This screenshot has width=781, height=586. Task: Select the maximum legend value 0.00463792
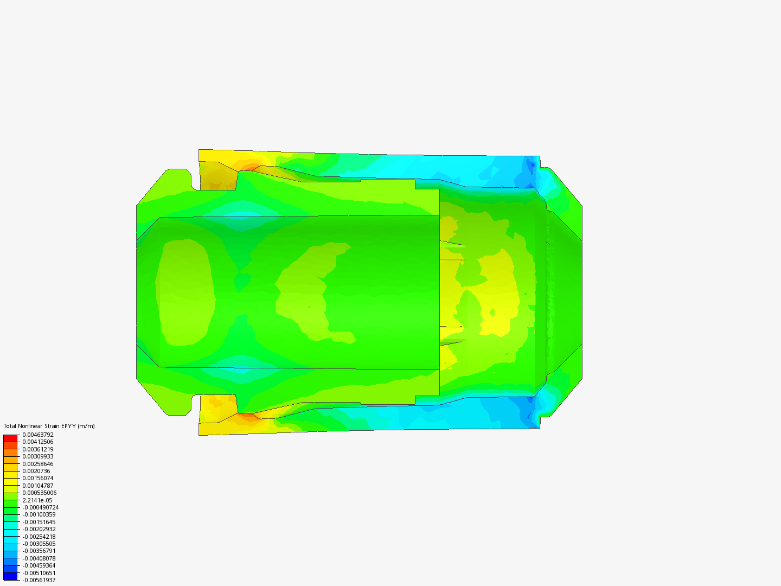[38, 435]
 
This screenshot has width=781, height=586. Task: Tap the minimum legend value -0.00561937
[39, 580]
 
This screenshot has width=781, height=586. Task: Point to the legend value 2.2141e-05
[37, 500]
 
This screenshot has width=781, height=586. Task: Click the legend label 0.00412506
[38, 442]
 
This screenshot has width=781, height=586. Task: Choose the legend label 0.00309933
[38, 456]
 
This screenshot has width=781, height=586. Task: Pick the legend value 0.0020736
[36, 471]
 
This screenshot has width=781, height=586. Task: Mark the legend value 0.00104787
[38, 485]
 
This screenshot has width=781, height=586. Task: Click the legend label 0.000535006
[40, 493]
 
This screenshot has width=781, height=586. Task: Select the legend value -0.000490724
[41, 507]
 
